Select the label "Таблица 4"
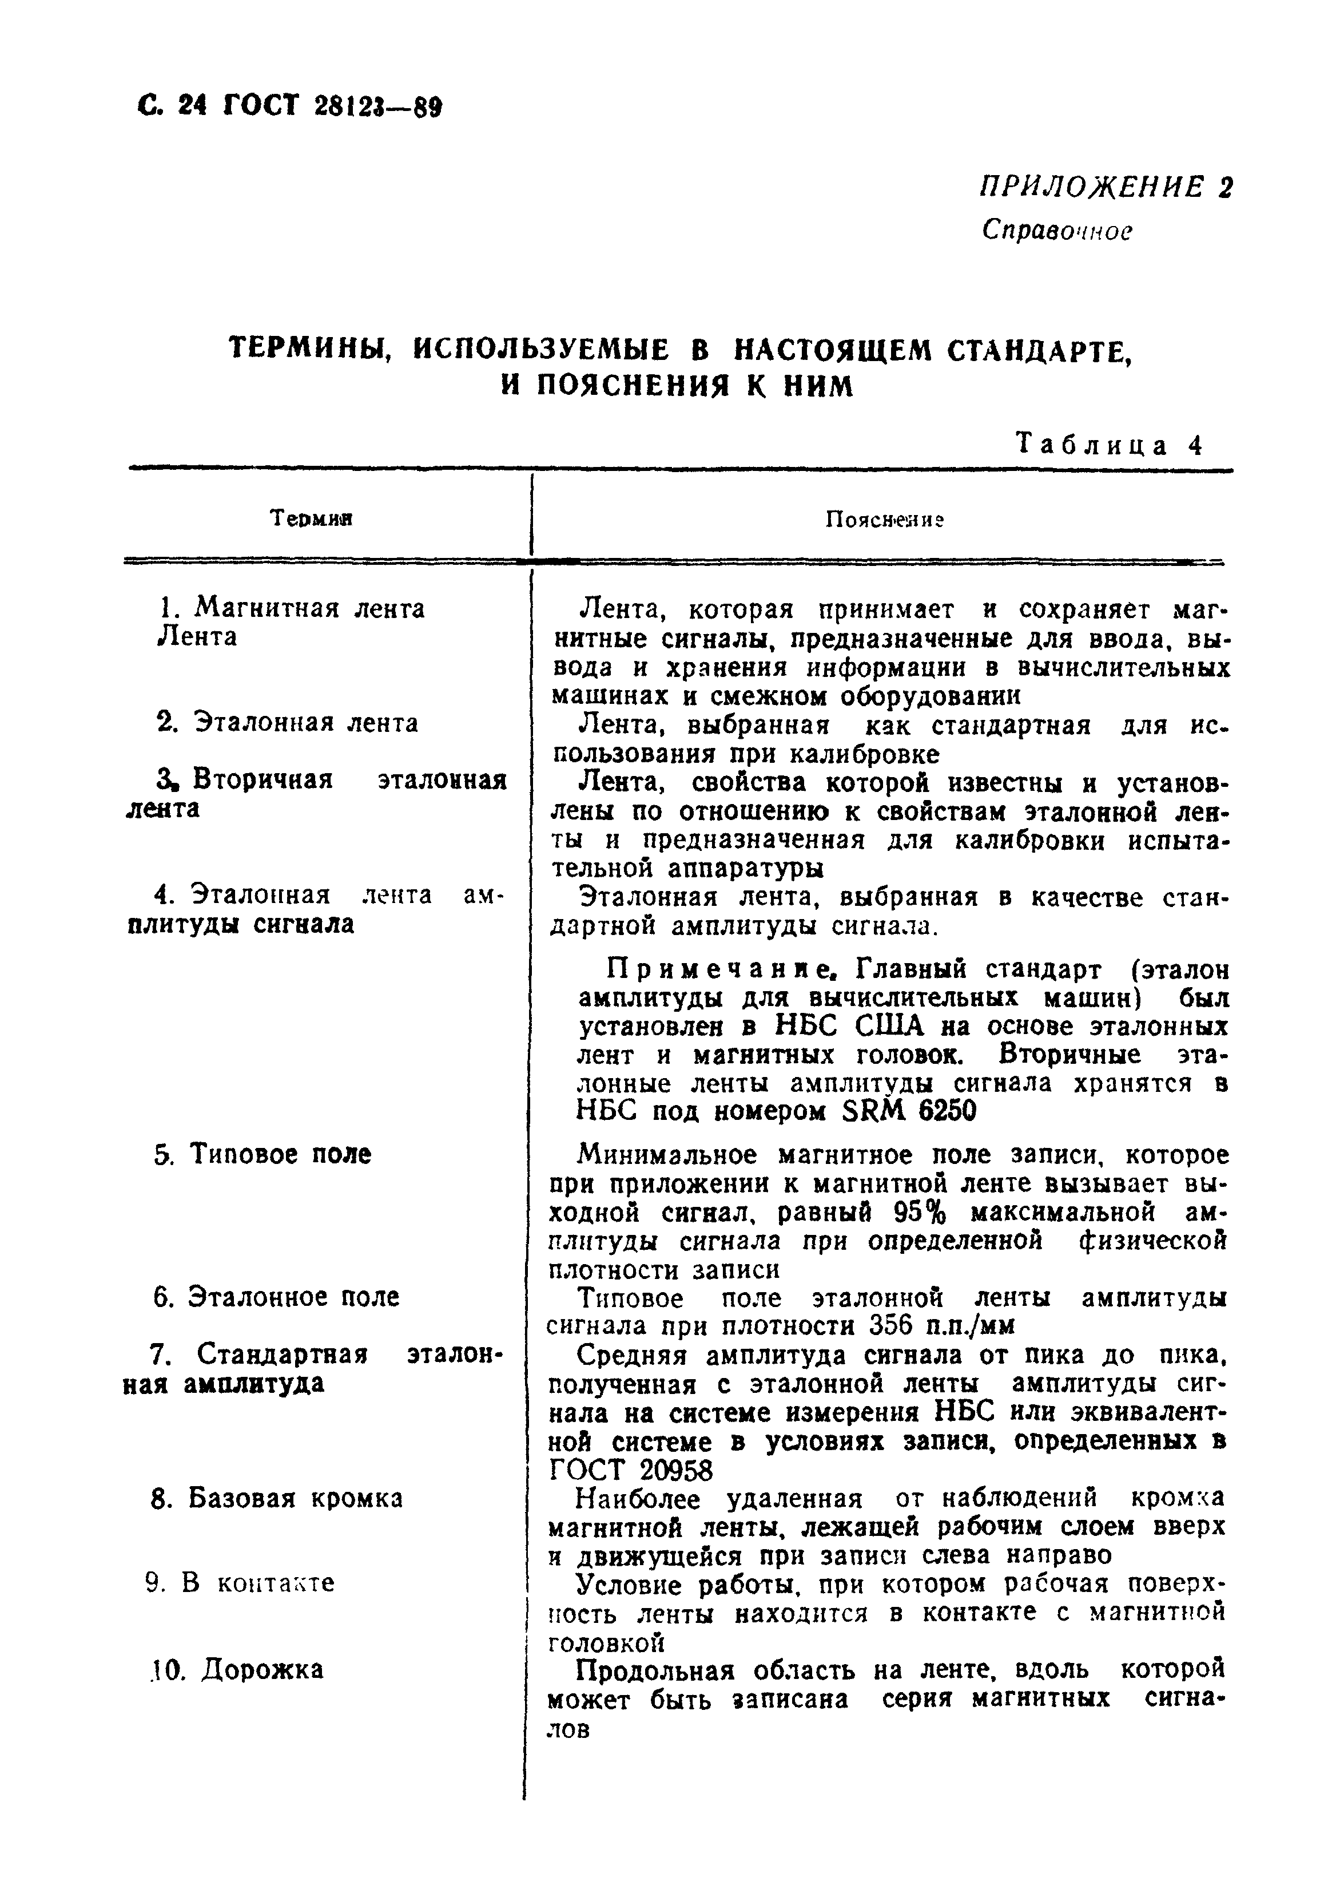click(1109, 445)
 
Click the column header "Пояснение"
click(884, 520)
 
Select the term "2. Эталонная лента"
click(287, 722)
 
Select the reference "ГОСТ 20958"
click(630, 1470)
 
